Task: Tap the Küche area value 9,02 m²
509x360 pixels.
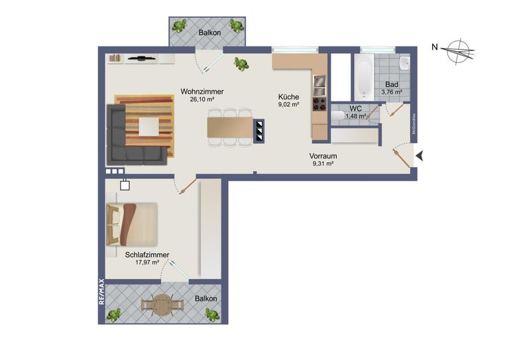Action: pos(289,104)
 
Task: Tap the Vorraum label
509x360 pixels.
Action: pos(324,156)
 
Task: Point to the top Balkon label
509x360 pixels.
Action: pos(210,32)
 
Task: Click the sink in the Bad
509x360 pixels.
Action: pos(404,64)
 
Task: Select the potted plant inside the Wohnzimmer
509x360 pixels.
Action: pos(241,64)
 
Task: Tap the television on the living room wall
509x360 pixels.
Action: pos(141,58)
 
